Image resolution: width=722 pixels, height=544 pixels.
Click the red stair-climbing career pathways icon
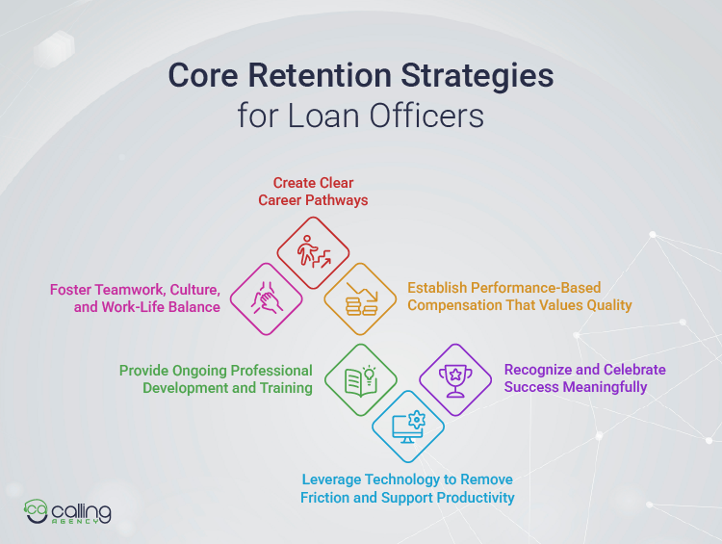tap(313, 252)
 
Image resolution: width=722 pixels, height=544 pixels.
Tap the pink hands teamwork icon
tap(266, 298)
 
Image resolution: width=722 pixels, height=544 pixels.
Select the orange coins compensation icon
tap(359, 298)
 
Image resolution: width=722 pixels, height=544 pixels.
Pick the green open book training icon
tap(360, 379)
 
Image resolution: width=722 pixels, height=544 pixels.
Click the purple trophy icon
tap(454, 379)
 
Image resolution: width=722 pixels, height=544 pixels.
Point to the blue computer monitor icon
tap(407, 427)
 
